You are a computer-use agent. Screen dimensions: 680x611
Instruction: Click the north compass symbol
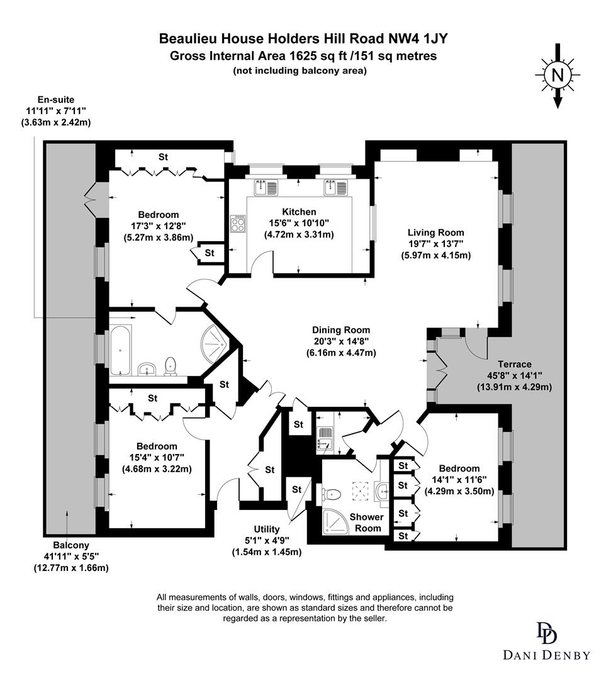[x=557, y=76]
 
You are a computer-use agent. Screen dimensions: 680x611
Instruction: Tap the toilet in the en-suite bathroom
[x=170, y=366]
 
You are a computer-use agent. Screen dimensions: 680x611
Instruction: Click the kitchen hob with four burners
[x=239, y=224]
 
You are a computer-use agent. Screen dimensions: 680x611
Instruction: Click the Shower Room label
[x=366, y=522]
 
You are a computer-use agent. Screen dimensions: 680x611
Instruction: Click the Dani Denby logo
[x=546, y=641]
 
